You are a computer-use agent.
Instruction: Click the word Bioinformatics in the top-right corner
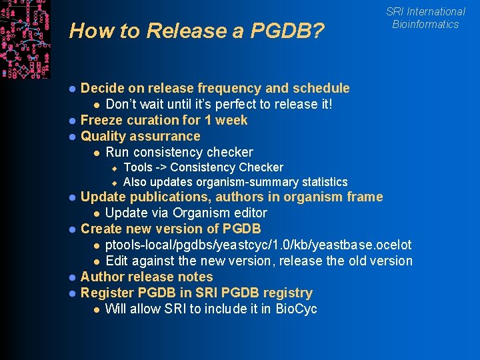tap(425, 24)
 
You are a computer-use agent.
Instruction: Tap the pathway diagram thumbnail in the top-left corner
tap(25, 38)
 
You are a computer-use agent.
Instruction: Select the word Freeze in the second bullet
tap(101, 120)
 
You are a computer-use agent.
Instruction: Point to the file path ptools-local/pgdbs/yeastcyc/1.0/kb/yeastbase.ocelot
tap(259, 245)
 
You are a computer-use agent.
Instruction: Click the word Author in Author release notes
tap(102, 277)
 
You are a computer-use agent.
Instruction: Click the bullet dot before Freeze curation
tap(72, 121)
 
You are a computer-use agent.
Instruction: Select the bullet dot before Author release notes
tap(72, 277)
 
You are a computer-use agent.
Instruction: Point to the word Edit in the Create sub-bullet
tap(117, 261)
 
